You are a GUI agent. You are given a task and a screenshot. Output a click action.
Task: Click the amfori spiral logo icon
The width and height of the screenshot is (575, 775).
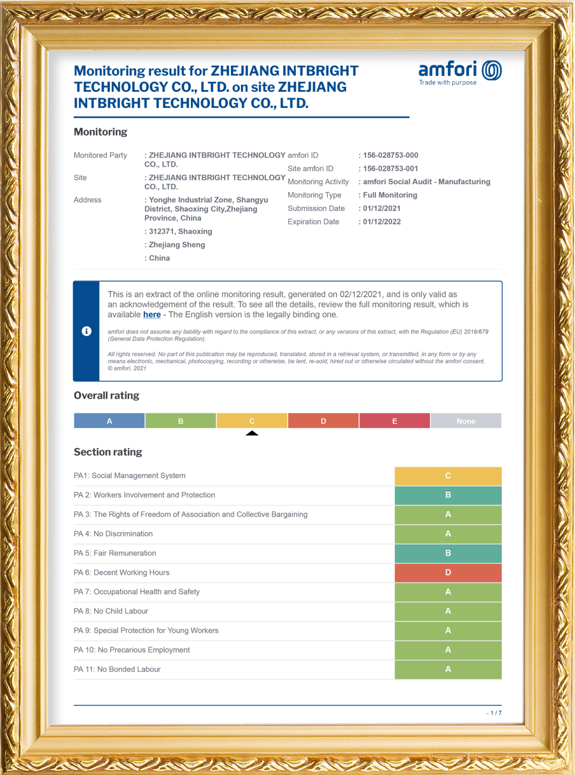click(x=492, y=71)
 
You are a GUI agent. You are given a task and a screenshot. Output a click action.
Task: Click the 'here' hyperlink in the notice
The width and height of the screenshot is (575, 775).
click(x=152, y=315)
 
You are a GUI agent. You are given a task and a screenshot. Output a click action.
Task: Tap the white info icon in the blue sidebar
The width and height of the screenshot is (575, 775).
click(x=86, y=331)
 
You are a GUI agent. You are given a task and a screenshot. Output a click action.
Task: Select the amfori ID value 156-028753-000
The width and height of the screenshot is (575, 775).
click(x=390, y=155)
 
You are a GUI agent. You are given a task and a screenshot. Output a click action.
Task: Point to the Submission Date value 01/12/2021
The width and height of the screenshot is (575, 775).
click(x=382, y=208)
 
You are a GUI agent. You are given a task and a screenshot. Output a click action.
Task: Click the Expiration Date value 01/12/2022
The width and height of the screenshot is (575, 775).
click(x=382, y=222)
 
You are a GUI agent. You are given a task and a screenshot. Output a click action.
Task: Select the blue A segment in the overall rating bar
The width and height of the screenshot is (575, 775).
click(x=109, y=421)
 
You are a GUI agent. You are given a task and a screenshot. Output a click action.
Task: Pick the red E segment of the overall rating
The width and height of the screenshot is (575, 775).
click(x=394, y=421)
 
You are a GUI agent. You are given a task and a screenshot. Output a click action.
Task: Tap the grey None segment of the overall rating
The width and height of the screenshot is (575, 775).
click(x=466, y=421)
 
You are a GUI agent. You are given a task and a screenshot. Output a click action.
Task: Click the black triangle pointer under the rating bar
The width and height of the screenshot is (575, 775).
click(x=252, y=433)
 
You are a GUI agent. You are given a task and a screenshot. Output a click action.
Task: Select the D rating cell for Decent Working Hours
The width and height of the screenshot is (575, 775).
click(x=448, y=572)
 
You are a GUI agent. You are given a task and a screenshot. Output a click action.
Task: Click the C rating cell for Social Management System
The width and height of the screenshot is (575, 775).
click(x=448, y=476)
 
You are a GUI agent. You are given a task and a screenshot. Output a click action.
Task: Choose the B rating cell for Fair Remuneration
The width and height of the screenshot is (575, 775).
click(x=448, y=553)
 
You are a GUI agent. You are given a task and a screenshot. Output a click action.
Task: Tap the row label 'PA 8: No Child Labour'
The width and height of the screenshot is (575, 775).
click(x=111, y=611)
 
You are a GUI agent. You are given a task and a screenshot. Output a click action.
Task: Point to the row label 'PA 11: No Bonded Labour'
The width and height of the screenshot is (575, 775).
click(x=117, y=669)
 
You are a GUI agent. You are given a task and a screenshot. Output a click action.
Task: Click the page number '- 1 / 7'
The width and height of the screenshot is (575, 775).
click(x=494, y=713)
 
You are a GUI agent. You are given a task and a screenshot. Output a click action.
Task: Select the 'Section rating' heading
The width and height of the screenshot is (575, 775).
click(x=108, y=452)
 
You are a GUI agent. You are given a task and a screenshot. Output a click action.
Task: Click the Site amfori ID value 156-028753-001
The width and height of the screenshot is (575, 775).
click(x=390, y=169)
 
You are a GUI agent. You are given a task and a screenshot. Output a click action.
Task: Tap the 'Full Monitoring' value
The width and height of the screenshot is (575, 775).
click(x=390, y=195)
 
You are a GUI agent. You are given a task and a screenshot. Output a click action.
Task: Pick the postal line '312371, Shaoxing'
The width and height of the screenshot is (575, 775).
click(x=180, y=232)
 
